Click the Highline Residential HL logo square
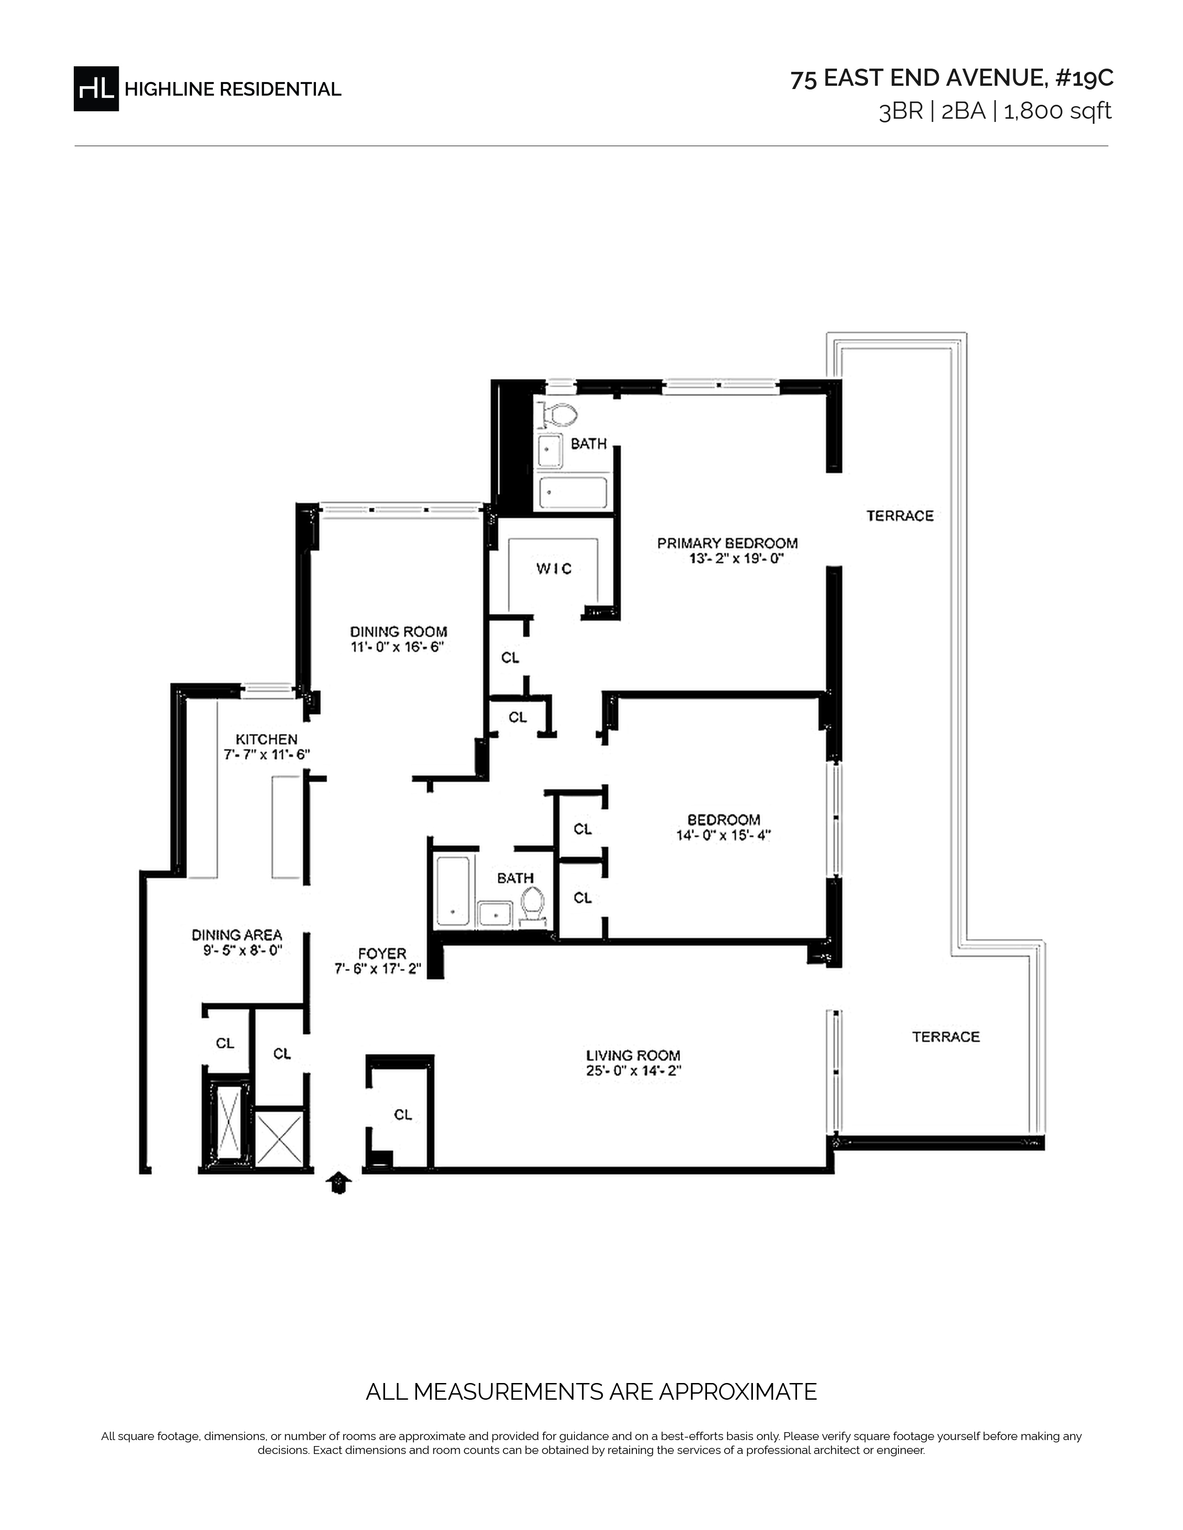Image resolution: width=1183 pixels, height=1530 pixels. tap(96, 89)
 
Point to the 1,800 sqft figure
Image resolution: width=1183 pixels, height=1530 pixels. tap(1058, 111)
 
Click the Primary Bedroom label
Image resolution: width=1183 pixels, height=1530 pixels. tap(727, 543)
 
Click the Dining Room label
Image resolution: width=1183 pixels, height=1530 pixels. tap(399, 632)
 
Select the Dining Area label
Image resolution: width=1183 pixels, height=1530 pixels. tap(237, 935)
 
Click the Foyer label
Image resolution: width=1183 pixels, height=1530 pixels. tap(382, 953)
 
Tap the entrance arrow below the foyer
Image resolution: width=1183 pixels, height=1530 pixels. tap(339, 1183)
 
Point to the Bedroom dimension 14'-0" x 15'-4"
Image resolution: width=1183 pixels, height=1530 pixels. tap(724, 835)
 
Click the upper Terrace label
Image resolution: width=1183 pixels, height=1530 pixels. tap(900, 516)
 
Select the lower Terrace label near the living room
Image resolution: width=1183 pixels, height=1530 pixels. tap(946, 1037)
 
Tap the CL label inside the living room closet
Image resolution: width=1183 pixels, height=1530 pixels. tap(403, 1115)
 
